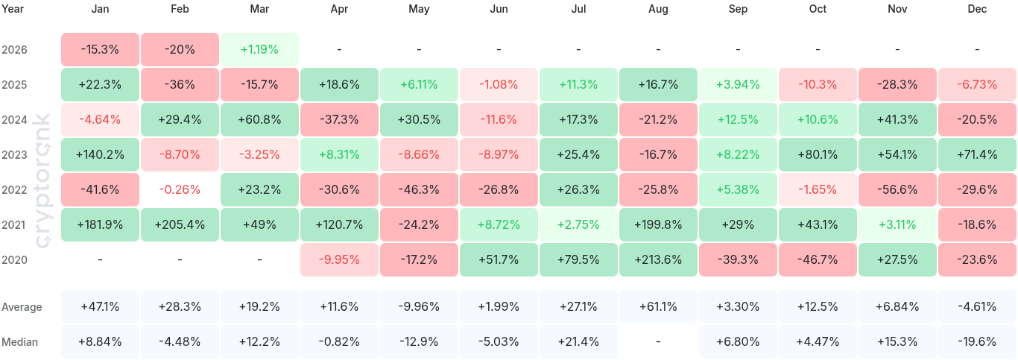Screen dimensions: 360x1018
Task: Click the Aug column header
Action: point(658,9)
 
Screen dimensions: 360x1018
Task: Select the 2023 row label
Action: point(15,154)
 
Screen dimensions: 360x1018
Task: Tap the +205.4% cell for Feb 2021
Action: point(180,224)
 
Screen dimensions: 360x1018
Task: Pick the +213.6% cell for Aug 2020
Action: point(658,259)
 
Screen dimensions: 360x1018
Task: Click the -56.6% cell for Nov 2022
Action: point(897,189)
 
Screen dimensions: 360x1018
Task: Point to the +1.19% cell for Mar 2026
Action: point(259,50)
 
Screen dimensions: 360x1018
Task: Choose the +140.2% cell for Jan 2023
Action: point(100,154)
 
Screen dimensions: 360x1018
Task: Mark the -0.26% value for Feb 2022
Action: point(180,189)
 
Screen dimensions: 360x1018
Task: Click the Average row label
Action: point(22,307)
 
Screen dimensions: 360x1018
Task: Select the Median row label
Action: point(19,342)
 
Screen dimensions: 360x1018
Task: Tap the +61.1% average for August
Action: point(658,307)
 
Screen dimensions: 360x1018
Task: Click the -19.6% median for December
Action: point(977,342)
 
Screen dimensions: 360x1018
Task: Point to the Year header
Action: point(13,9)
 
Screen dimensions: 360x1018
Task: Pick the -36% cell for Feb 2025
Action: point(180,85)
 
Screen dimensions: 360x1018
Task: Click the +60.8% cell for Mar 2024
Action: point(259,119)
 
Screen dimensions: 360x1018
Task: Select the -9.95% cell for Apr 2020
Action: point(339,259)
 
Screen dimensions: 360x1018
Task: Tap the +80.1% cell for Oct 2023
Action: point(818,154)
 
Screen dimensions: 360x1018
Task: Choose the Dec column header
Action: point(977,9)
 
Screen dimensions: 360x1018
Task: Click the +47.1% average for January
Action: point(100,307)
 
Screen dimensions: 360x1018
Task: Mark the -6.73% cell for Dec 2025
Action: point(977,85)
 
